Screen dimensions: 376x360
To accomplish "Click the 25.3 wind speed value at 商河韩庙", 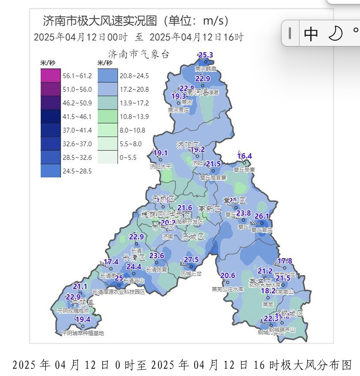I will [x=206, y=55].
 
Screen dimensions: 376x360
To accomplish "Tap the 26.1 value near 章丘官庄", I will [x=262, y=216].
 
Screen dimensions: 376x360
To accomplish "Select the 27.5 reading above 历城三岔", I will [x=191, y=259].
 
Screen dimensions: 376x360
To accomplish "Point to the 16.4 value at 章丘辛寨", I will [x=245, y=156].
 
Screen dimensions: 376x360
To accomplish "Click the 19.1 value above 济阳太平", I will [x=160, y=153].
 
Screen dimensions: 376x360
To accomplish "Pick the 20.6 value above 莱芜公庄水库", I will [x=228, y=276].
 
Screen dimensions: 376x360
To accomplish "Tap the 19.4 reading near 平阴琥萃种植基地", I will [x=83, y=319].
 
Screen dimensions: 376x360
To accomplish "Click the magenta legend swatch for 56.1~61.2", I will [x=51, y=76].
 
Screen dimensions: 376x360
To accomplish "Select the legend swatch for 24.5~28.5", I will [x=51, y=171].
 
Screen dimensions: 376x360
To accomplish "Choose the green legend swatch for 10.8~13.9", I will [x=108, y=117].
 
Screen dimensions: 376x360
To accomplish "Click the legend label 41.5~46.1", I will [x=77, y=117].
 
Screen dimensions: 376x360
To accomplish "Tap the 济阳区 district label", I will [x=188, y=145].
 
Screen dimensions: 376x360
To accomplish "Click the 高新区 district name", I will [x=210, y=209].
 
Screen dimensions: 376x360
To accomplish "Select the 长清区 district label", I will [x=134, y=258].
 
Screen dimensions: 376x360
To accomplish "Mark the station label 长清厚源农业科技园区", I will [x=119, y=292].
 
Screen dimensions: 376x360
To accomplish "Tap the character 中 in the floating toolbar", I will [x=311, y=34].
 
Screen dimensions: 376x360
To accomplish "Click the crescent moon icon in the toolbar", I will [x=335, y=34].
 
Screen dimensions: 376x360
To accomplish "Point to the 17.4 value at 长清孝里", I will [x=111, y=262].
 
